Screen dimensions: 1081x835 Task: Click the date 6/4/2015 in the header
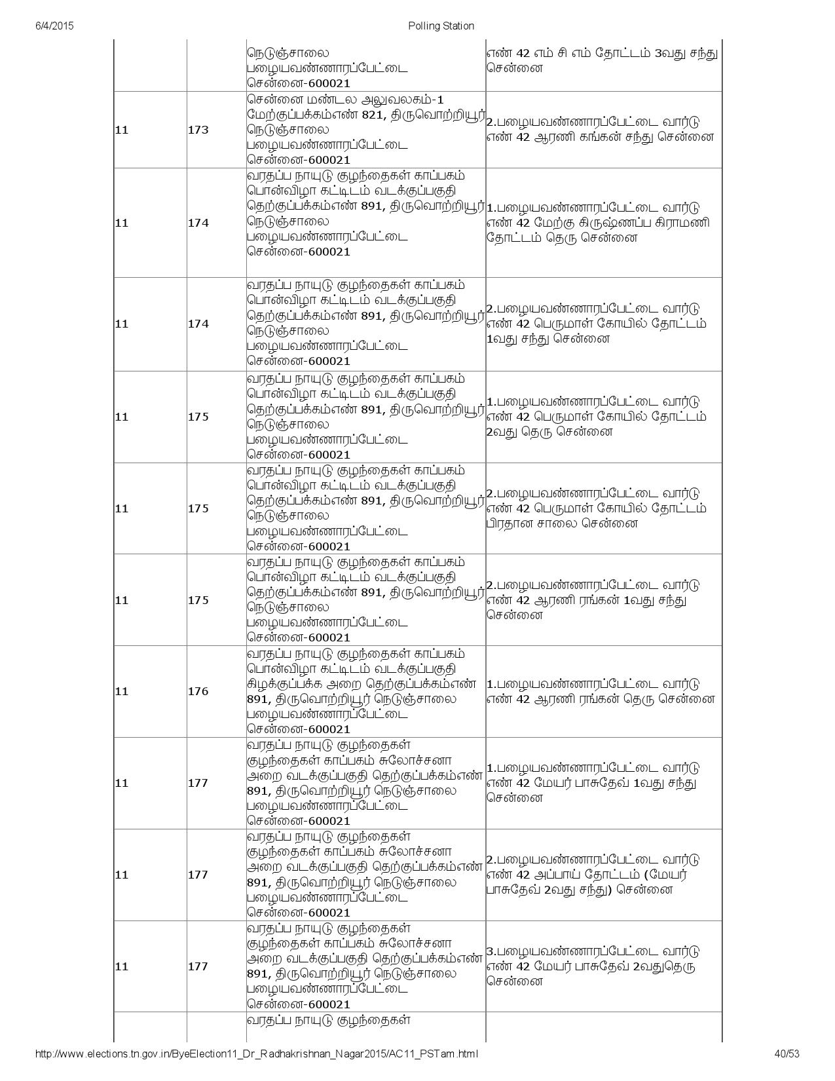(x=53, y=26)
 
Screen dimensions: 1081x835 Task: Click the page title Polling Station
(x=441, y=26)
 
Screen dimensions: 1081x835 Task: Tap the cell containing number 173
(x=198, y=130)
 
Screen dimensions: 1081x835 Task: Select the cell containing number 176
(x=198, y=691)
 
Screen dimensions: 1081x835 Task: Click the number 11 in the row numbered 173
(x=122, y=130)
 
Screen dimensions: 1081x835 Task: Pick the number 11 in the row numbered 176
(x=122, y=691)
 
